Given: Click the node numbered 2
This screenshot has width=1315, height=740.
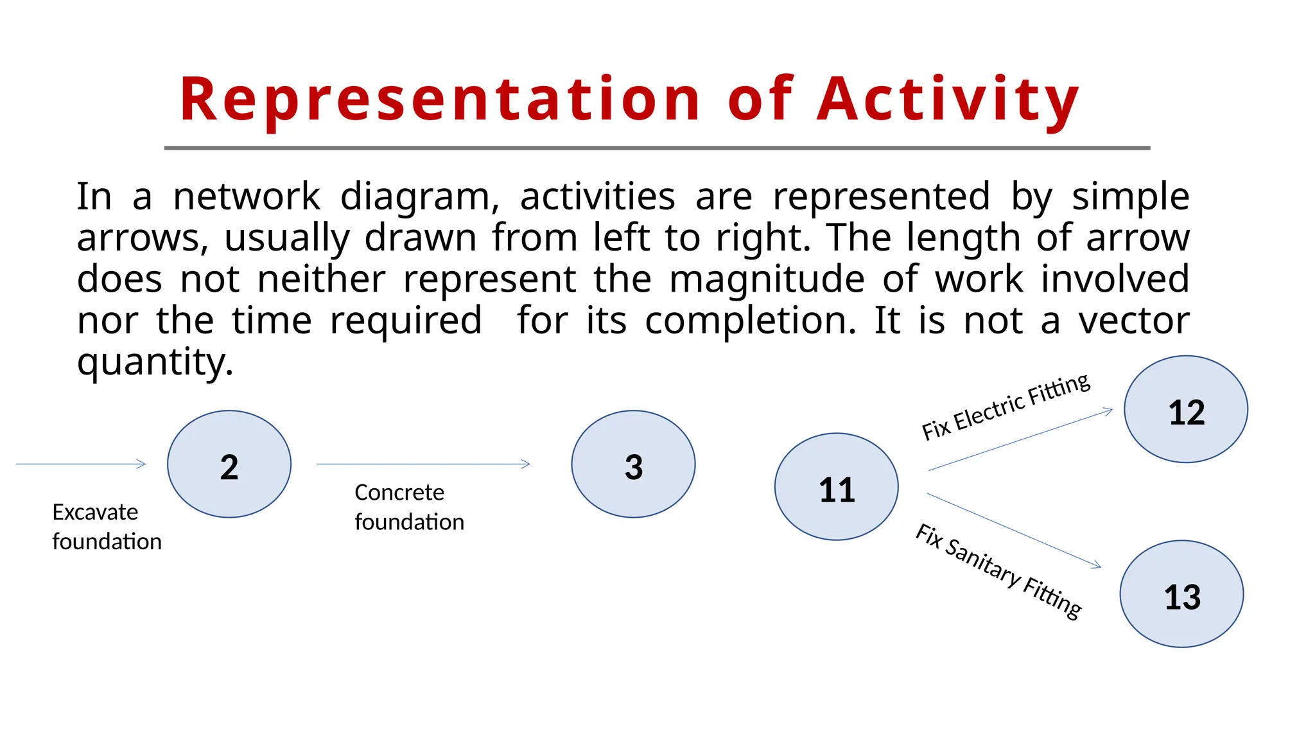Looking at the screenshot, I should pos(229,464).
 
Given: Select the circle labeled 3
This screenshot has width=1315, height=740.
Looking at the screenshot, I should pos(633,464).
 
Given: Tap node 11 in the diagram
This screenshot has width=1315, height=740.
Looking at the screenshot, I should pos(836,487).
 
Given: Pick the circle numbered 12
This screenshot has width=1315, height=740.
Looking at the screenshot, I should pos(1186,409).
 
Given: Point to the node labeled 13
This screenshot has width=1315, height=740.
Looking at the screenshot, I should pos(1181,594).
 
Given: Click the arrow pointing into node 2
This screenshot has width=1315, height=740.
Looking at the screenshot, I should pos(81,464).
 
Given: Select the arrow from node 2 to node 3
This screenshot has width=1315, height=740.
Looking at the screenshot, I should pos(423,464).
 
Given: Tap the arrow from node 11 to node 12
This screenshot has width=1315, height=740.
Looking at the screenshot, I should pos(1020,440).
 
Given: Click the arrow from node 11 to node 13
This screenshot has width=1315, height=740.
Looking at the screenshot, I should pos(1014,531).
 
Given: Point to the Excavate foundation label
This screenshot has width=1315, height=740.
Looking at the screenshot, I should pos(107,527).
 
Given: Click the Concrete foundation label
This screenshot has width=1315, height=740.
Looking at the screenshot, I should pos(409,507).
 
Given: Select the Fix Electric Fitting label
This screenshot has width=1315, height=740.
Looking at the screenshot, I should pos(1006,407).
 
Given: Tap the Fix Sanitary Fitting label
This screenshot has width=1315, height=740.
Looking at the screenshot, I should pos(998,571).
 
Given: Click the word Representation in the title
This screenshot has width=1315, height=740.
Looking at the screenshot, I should pos(440,100).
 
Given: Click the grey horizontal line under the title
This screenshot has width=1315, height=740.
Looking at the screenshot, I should pos(657,148).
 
